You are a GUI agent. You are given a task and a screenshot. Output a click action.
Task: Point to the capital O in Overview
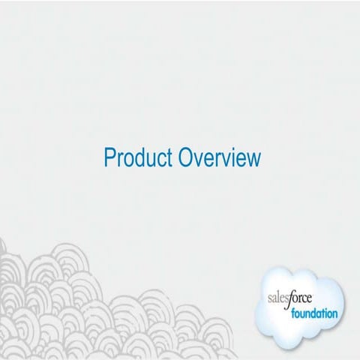tap(183, 158)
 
